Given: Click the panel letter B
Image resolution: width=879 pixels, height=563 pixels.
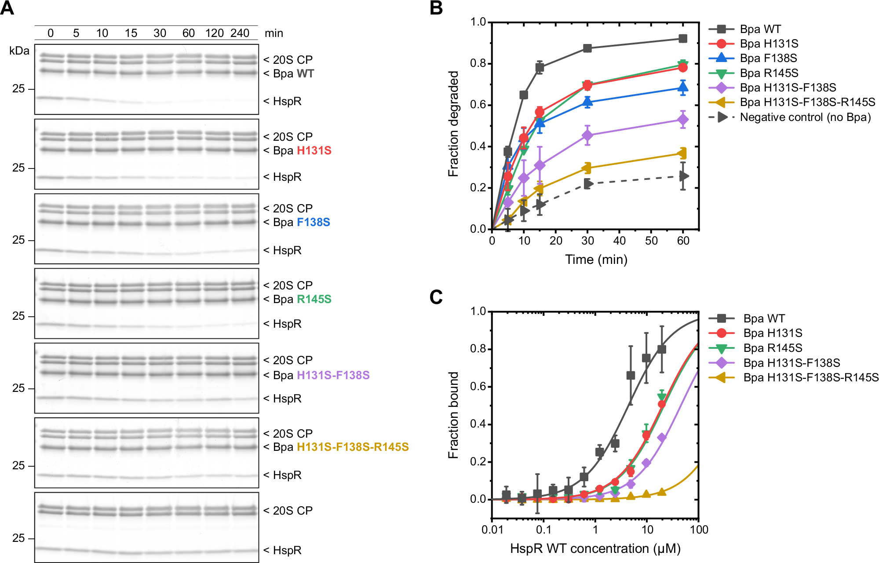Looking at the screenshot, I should (436, 8).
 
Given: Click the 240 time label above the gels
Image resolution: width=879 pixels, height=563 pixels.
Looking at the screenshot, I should (240, 33).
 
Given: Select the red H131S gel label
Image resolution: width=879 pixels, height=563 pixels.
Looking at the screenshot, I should (314, 150).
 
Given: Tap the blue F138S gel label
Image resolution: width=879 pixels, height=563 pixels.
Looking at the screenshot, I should (313, 222).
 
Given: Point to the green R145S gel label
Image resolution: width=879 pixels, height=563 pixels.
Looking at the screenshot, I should (314, 299).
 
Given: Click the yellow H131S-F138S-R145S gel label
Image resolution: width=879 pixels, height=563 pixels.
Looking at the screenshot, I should (353, 447).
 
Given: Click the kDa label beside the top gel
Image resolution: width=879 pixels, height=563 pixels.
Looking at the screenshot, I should (19, 51).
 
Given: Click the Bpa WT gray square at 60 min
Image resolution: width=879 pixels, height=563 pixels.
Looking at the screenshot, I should (683, 39).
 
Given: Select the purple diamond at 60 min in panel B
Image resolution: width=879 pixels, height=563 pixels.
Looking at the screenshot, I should (683, 120).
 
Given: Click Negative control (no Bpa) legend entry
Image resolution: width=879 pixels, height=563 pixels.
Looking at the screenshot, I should (805, 117).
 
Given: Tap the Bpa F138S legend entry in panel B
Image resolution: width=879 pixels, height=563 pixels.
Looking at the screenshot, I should (768, 58).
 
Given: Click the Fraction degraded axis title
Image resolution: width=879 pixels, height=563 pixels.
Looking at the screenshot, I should (453, 124).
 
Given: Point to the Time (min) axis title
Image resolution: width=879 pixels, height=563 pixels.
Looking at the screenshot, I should (596, 260).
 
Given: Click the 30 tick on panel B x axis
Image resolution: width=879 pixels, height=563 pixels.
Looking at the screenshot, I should (587, 241).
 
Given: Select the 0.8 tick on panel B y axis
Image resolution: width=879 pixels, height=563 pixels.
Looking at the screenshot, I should (478, 63).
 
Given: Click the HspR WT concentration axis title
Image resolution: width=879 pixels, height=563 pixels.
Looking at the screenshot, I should (595, 548).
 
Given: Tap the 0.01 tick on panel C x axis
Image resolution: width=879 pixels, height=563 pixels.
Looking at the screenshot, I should (492, 530).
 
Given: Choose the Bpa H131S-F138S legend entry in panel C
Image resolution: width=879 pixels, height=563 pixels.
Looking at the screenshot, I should (791, 363).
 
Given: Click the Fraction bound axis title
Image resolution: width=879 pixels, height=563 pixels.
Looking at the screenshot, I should (453, 415).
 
